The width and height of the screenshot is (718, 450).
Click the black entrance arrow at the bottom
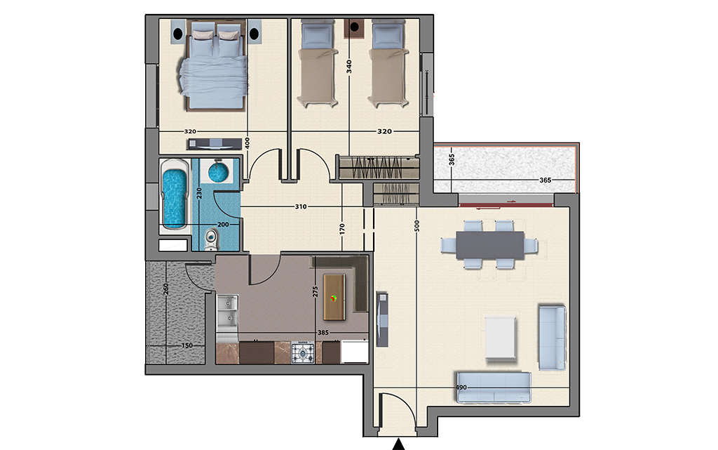[x=399, y=444]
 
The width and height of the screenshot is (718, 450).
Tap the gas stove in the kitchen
[x=303, y=352]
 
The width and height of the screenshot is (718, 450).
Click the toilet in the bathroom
[x=210, y=239]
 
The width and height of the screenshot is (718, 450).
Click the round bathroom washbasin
[x=218, y=171]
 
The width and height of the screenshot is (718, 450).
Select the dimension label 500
[x=416, y=226]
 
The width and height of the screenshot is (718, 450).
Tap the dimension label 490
[x=461, y=388]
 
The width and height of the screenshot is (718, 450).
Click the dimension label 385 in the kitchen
[x=323, y=333]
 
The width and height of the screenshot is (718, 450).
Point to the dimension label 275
[x=315, y=292]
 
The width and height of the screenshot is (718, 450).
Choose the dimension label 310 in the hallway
[x=300, y=206]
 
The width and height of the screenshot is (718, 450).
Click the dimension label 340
[x=349, y=67]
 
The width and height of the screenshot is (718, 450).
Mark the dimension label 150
[x=187, y=345]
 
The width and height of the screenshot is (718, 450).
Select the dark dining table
[x=490, y=245]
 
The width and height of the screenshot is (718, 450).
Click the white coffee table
[x=500, y=338]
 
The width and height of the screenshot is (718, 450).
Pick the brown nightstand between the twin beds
[x=354, y=28]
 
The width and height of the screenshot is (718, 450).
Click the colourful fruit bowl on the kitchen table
[x=334, y=298]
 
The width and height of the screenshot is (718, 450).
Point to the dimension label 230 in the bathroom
[x=198, y=193]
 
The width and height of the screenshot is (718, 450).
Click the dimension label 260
[x=165, y=289]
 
